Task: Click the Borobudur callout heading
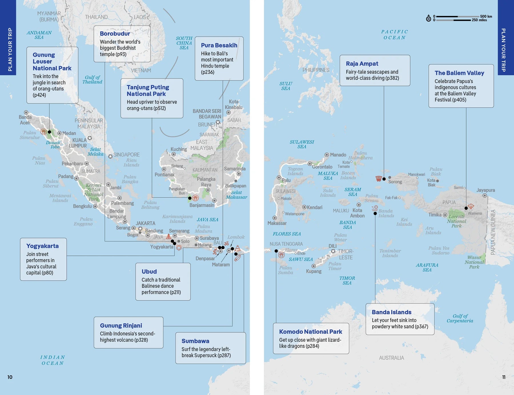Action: pos(115,34)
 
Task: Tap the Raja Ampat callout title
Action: pos(362,64)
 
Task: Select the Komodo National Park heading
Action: pos(310,332)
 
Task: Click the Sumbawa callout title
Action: pos(195,341)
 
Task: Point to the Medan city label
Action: pos(69,133)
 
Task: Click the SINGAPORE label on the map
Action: pos(126,155)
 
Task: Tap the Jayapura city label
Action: pos(485,190)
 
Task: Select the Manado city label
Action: pos(338,155)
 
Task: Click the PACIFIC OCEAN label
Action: pos(394,35)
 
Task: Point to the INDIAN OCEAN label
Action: pos(53,360)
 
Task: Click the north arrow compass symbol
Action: pos(428,19)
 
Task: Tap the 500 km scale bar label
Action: pos(486,16)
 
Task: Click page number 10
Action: pos(10,377)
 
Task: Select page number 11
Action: pos(504,377)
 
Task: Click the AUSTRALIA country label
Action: pos(391,358)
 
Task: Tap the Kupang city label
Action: pos(314,271)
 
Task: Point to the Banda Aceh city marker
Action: pos(26,113)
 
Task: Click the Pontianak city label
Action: pos(164,175)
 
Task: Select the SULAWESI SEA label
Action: pos(302,144)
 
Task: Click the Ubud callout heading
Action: pos(149,272)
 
